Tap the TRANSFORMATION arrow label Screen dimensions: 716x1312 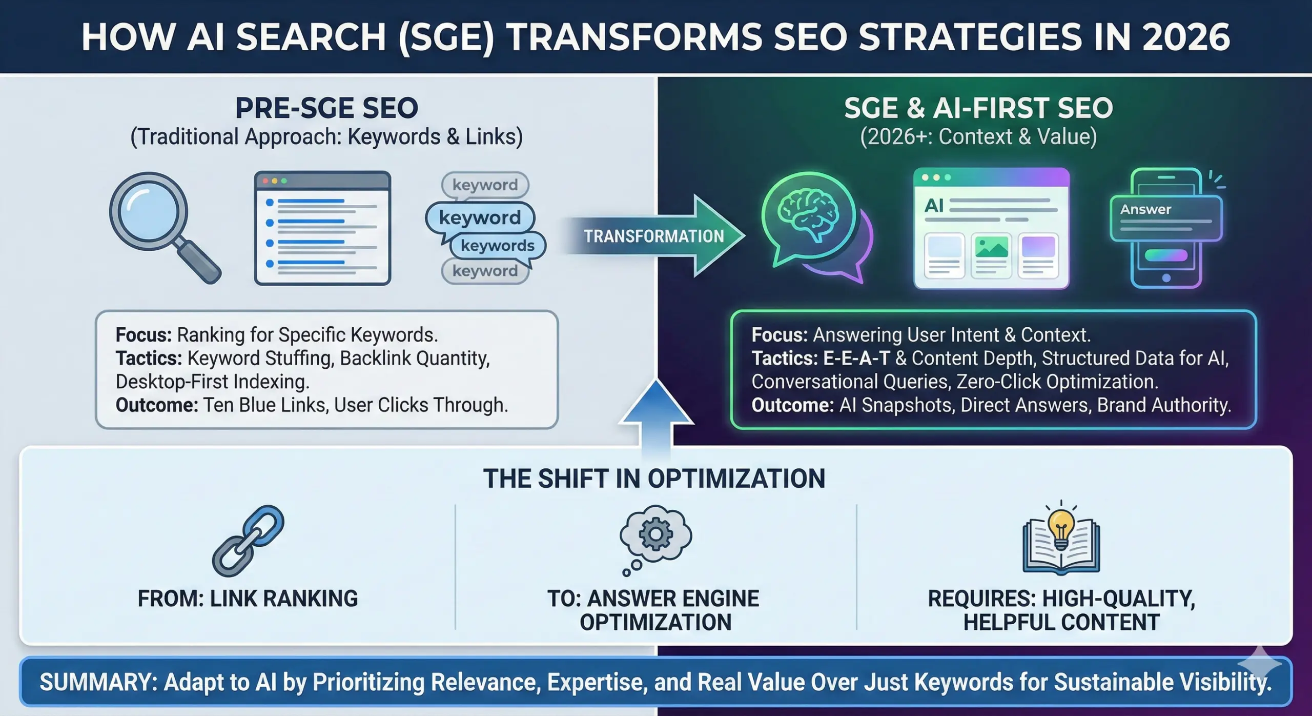click(653, 236)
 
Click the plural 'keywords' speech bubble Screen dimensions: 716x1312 click(497, 246)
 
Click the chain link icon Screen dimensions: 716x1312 click(249, 541)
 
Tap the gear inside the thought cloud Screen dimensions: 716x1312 click(655, 534)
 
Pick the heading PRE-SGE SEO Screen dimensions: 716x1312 click(326, 108)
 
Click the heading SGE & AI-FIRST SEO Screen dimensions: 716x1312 click(978, 108)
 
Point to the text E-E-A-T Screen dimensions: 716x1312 click(856, 358)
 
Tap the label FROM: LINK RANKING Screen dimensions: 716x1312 click(248, 599)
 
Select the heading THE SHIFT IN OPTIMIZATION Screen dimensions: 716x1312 click(654, 479)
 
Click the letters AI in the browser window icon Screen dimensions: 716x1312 click(934, 206)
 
